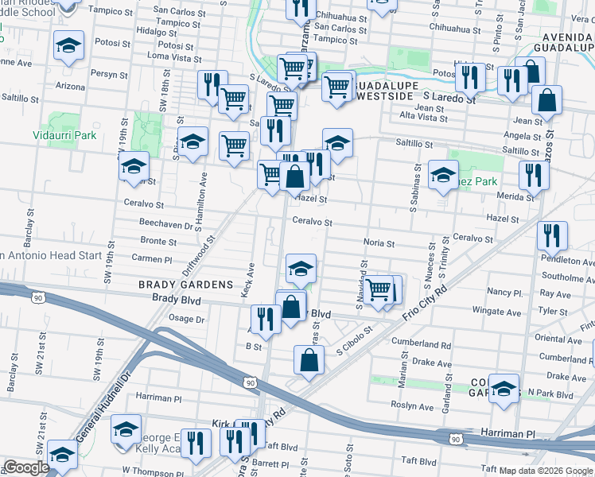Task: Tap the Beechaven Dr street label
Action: click(166, 225)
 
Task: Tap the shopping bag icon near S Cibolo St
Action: click(309, 360)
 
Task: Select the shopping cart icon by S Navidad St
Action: click(379, 289)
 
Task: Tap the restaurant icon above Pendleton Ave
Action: click(550, 235)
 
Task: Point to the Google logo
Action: click(26, 467)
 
